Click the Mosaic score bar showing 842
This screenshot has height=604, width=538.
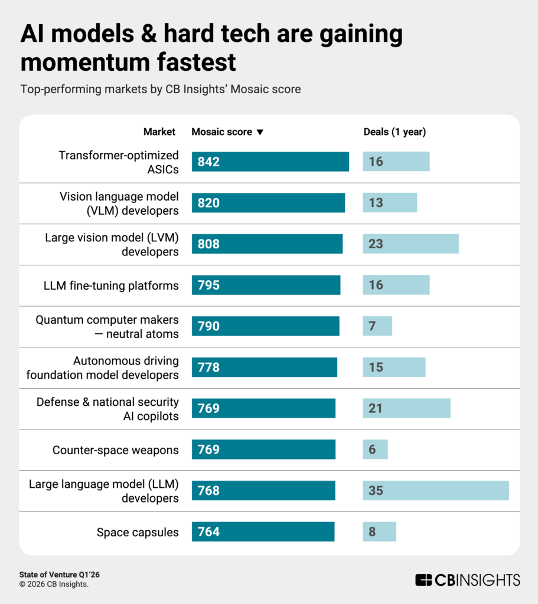point(270,162)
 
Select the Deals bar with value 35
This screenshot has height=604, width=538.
point(435,491)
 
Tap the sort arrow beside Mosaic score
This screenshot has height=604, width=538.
point(260,132)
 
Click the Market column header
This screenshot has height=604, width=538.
point(159,132)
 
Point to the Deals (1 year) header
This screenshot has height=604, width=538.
point(394,132)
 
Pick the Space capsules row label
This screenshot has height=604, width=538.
point(138,532)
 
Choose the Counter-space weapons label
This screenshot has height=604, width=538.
point(116,450)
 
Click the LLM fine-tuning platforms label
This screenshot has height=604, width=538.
point(111,285)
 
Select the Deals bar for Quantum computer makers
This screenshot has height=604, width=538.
point(377,326)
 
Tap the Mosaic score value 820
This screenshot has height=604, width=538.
point(209,203)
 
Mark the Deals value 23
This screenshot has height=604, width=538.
point(376,244)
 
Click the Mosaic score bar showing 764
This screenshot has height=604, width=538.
point(263,532)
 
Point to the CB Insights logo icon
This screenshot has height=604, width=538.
point(423,580)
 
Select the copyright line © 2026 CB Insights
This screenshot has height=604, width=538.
point(54,585)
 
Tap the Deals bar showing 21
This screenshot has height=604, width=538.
point(406,408)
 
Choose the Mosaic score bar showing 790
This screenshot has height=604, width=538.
point(265,326)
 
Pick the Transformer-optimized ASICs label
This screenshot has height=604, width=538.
point(118,162)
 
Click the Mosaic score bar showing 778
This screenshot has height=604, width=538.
point(264,367)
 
